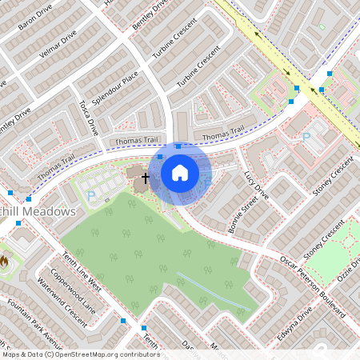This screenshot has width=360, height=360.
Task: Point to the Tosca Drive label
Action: click(x=88, y=117)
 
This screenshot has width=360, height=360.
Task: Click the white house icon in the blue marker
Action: click(x=180, y=172)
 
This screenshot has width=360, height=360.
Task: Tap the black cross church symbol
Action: click(x=145, y=177)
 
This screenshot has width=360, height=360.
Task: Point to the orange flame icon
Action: click(x=4, y=260)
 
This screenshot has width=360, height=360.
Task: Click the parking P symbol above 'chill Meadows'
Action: click(x=90, y=194)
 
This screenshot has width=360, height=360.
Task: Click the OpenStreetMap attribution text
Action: click(x=80, y=354)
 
